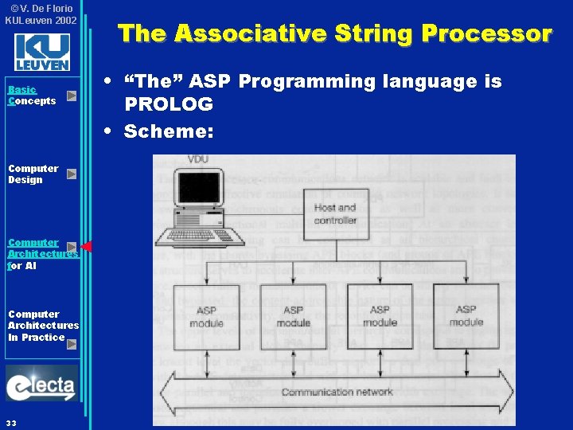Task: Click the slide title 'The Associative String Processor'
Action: (x=334, y=33)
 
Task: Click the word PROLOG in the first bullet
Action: (x=168, y=104)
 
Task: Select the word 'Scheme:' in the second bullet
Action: (x=168, y=132)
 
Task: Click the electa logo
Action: (x=41, y=385)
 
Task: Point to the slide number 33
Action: (x=11, y=421)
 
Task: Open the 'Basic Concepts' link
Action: (x=32, y=96)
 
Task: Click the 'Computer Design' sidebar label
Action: (x=33, y=174)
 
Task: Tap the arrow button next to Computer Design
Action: (x=72, y=174)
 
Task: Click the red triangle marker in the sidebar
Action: (x=86, y=247)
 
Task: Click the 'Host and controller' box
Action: (x=335, y=213)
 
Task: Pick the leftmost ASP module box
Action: (x=206, y=315)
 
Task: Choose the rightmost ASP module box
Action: (x=466, y=315)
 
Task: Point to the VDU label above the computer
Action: (x=198, y=159)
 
